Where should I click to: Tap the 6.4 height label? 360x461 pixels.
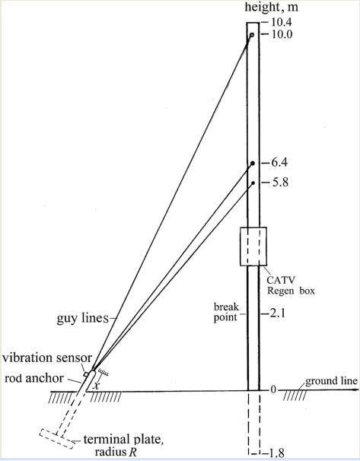click(279, 163)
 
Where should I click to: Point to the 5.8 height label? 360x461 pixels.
click(279, 183)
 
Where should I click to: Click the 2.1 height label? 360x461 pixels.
click(277, 313)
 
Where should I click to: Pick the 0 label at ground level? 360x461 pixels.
click(273, 389)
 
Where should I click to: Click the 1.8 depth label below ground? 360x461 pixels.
click(276, 453)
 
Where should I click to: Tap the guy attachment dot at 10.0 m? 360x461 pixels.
click(252, 35)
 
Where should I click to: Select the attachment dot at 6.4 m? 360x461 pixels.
click(253, 163)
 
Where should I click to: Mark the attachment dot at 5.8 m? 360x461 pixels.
click(253, 183)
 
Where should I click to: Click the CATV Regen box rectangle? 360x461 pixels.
click(253, 246)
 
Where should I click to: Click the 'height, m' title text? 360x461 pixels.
click(272, 7)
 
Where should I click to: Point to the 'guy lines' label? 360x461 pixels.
click(83, 318)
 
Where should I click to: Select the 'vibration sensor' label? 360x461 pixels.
click(47, 358)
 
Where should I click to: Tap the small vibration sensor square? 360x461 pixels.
click(86, 374)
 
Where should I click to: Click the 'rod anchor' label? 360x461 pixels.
click(34, 378)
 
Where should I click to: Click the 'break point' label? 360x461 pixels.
click(226, 312)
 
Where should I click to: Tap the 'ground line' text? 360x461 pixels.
click(332, 381)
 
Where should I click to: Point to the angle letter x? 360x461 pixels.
click(95, 386)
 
